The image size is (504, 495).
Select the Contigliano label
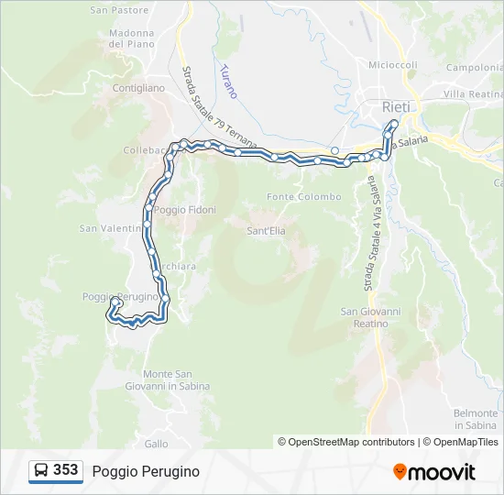[x=137, y=88]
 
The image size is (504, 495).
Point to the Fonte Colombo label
[x=304, y=197]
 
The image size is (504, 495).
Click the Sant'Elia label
[x=266, y=231]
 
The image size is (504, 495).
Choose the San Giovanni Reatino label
[x=371, y=317]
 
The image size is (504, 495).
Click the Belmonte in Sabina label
[x=476, y=419]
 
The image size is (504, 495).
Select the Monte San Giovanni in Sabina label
[x=176, y=379]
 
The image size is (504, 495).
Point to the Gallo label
[x=156, y=443]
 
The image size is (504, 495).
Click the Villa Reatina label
[x=473, y=94]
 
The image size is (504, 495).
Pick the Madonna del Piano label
[x=131, y=38]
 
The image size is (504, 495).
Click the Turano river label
[x=228, y=81]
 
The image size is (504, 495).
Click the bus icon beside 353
[x=41, y=470]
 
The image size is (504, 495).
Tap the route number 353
[x=65, y=470]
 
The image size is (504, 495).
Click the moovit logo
[x=434, y=471]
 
